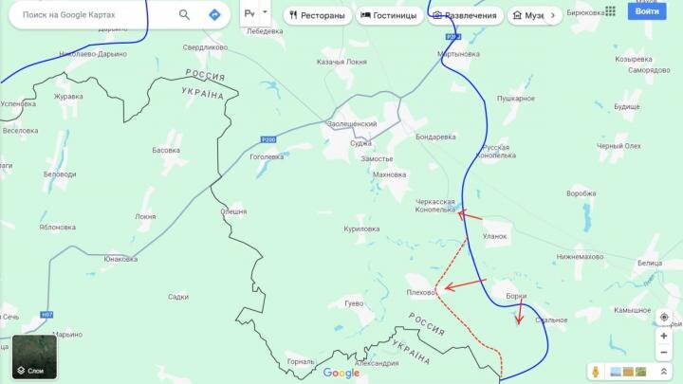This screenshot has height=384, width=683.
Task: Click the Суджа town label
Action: point(360,143)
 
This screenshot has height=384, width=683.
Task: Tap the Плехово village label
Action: point(420,292)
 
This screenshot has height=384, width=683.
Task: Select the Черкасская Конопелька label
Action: point(435,206)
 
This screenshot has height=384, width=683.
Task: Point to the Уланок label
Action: point(495,236)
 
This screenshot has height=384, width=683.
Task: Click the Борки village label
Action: point(516,296)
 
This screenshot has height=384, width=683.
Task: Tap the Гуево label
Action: point(354,303)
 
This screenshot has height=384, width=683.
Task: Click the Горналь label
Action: point(299,361)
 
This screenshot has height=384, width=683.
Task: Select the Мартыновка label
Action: point(458,54)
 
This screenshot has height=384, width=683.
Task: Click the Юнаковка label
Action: point(120,259)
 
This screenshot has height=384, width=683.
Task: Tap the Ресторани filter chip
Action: point(319,15)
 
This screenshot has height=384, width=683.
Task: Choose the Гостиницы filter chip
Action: point(391,15)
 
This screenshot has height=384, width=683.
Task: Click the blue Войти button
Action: point(648,11)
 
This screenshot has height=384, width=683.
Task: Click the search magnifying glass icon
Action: point(184,15)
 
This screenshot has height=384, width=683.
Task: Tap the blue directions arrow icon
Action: point(214,15)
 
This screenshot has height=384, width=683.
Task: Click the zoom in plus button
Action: point(664,337)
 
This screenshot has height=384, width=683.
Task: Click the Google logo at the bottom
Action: point(341,373)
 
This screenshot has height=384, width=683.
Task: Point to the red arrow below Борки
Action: point(519,313)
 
